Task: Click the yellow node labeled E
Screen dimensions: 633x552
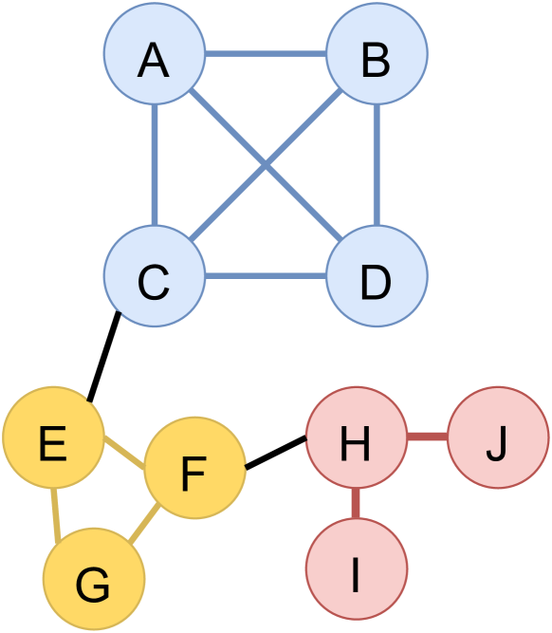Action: (53, 438)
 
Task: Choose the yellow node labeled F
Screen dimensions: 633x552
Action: (194, 468)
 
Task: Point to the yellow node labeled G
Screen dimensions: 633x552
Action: (94, 579)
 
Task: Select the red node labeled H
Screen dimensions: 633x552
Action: (356, 438)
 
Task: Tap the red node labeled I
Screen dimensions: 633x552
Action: (356, 568)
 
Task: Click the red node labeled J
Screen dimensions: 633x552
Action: (498, 438)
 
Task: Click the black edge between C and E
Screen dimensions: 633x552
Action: (103, 357)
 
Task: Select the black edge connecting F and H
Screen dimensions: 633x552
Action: (276, 452)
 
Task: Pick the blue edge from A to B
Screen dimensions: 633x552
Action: (266, 54)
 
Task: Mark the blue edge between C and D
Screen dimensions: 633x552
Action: (266, 276)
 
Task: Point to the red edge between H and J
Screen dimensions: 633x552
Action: (427, 438)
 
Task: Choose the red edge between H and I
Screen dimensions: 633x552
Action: (356, 503)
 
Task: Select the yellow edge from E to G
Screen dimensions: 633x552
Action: (56, 515)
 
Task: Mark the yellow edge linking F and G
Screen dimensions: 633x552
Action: (144, 524)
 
